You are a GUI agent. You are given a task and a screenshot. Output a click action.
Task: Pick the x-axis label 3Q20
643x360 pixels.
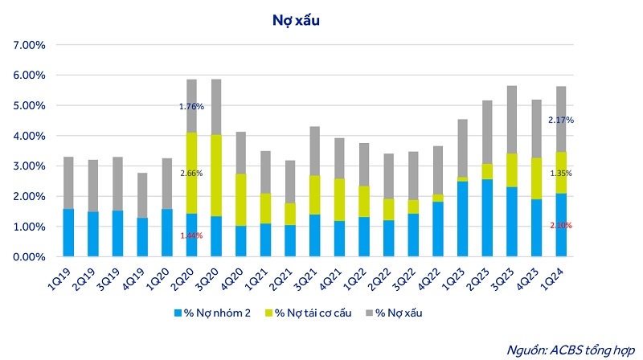[211, 277]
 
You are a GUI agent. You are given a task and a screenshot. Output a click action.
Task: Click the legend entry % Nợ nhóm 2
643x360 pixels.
[213, 312]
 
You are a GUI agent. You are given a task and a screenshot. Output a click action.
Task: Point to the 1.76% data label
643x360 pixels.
[191, 106]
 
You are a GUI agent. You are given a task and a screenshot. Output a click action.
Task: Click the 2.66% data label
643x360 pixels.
[191, 172]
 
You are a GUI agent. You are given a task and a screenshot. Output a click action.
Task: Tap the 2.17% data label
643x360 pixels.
[560, 121]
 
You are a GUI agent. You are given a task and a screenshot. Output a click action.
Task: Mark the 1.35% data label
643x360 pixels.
[560, 172]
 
